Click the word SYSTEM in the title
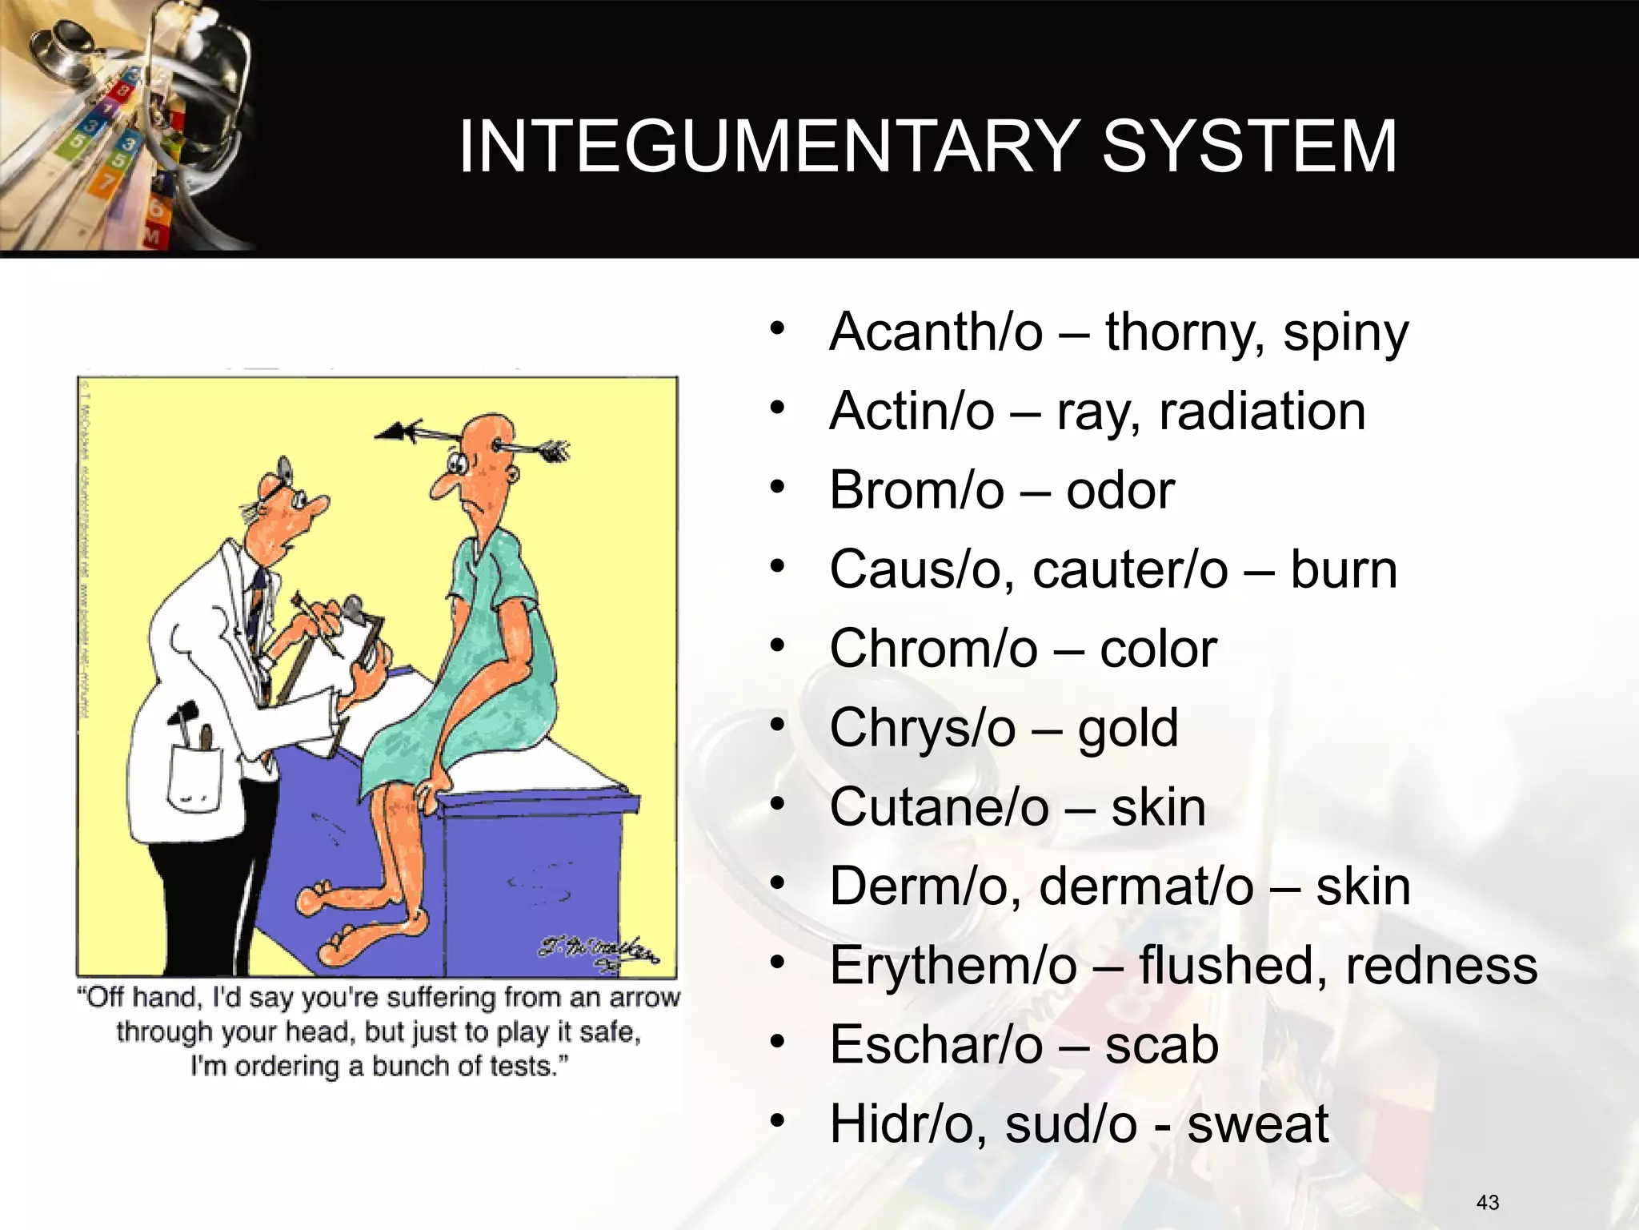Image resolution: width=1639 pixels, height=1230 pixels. (1249, 147)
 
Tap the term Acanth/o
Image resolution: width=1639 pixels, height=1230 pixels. (936, 332)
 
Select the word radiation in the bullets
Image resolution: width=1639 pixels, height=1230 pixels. (1262, 412)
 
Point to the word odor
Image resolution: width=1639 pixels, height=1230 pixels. (1120, 490)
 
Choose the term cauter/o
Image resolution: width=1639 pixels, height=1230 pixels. (1130, 569)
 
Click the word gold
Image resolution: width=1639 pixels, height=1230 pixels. (1128, 729)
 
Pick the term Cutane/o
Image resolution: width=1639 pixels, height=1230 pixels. (939, 807)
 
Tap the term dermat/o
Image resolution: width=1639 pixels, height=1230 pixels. (1146, 886)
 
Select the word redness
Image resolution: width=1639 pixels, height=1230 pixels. (1441, 966)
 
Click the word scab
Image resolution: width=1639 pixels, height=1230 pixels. (1161, 1045)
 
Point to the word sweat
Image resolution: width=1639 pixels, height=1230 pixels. (1257, 1124)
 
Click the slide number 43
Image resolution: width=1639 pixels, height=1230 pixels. (1488, 1202)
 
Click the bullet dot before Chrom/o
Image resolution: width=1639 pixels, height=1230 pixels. (775, 646)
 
